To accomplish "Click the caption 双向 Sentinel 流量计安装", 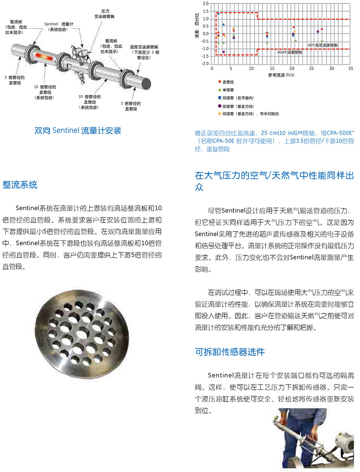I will [x=78, y=130].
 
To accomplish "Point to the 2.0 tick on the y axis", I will [x=205, y=3].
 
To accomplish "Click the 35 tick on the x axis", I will [x=350, y=68].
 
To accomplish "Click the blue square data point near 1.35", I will [x=218, y=14].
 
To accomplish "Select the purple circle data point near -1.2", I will [x=224, y=51].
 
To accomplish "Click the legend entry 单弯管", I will [x=228, y=90].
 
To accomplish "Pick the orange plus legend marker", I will [x=219, y=114].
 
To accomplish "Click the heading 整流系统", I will [x=20, y=185].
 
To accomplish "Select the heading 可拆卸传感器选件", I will [x=230, y=352].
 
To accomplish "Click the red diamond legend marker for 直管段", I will [x=219, y=82].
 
